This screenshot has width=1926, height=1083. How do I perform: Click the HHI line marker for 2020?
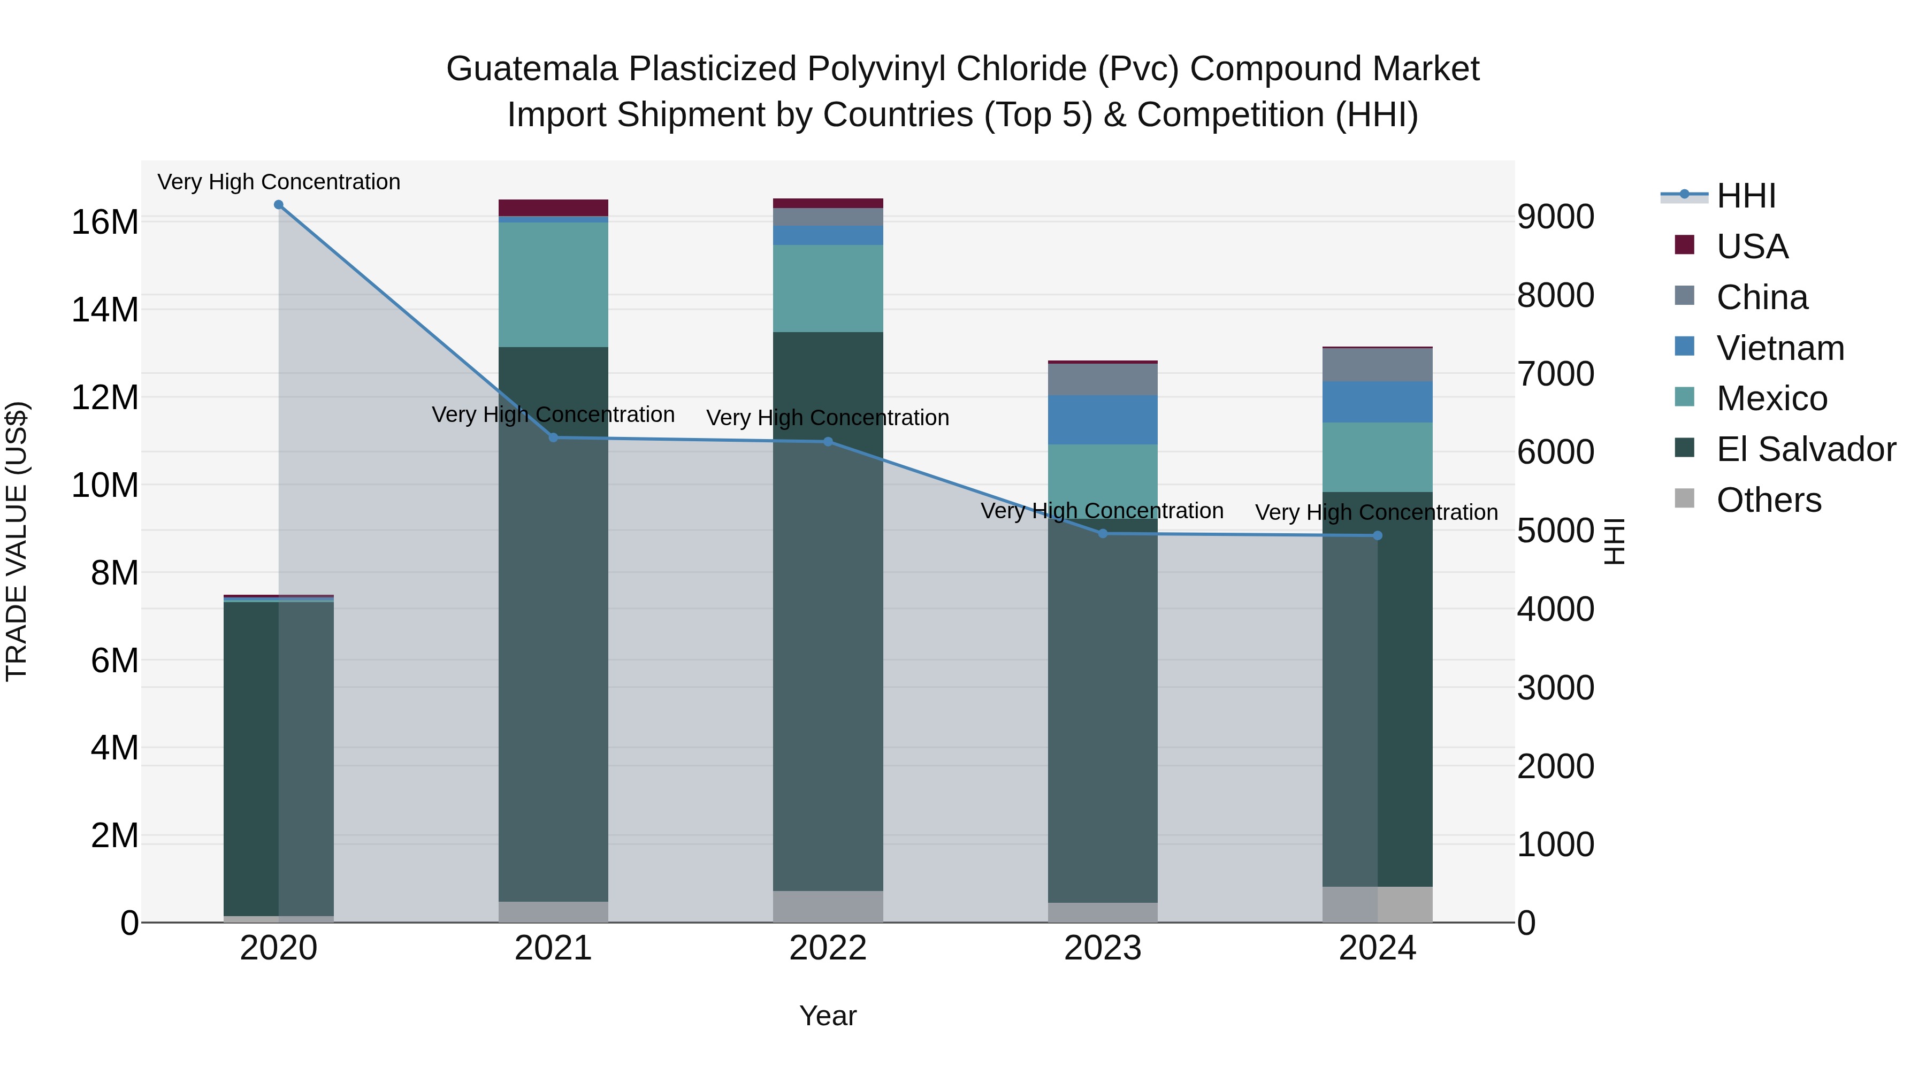tap(279, 205)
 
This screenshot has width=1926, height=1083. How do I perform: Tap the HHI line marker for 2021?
tap(553, 438)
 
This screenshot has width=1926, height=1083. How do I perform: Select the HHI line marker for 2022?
tap(828, 442)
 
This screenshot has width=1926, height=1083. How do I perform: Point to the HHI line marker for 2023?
tap(1103, 534)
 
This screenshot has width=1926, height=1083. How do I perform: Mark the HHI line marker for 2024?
tap(1378, 536)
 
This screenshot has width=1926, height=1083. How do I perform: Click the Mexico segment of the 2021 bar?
tap(553, 285)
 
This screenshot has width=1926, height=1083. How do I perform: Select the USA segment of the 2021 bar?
tap(553, 208)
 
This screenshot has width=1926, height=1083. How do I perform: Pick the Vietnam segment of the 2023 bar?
tap(1103, 420)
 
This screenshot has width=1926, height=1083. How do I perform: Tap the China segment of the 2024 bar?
tap(1378, 365)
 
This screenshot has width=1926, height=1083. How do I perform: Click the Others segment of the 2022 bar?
tap(828, 907)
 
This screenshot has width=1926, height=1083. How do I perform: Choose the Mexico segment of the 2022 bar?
tap(828, 288)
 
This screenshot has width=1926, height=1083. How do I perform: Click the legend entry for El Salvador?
tap(1806, 449)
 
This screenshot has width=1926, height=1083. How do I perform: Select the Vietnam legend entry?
tap(1780, 348)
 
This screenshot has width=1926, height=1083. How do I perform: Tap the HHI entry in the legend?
tap(1746, 196)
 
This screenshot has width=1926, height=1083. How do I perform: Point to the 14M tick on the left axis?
tap(105, 310)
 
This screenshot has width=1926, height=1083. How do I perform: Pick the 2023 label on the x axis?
tap(1103, 948)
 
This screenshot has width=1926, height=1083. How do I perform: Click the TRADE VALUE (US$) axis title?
tap(17, 541)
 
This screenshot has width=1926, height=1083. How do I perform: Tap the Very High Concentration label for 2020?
tap(279, 182)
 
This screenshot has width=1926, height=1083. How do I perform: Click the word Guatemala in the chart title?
tap(532, 69)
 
